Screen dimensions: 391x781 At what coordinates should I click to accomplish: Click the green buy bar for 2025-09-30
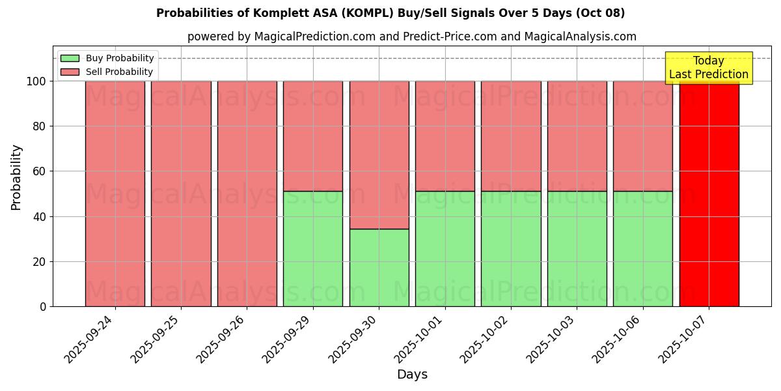pyautogui.click(x=379, y=267)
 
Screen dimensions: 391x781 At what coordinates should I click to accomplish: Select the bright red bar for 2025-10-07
pyautogui.click(x=709, y=195)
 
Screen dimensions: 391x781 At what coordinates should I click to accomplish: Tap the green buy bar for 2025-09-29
pyautogui.click(x=313, y=248)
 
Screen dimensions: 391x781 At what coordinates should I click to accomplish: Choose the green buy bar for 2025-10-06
pyautogui.click(x=643, y=248)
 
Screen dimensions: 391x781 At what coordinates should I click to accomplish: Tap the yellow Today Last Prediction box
pyautogui.click(x=708, y=68)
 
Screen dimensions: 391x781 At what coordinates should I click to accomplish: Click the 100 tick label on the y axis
pyautogui.click(x=36, y=81)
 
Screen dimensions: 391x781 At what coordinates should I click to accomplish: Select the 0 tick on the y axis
pyautogui.click(x=43, y=307)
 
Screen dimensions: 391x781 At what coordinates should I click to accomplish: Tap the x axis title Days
pyautogui.click(x=412, y=375)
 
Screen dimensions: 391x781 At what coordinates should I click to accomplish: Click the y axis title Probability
pyautogui.click(x=16, y=177)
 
